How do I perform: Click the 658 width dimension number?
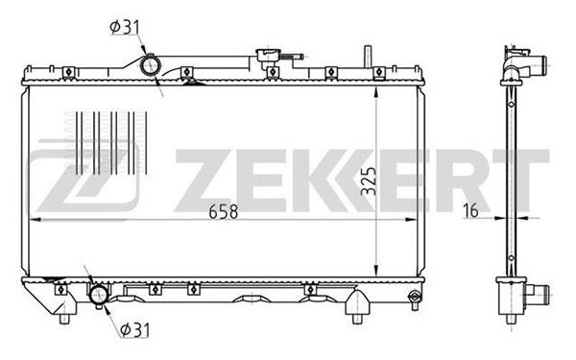click(x=224, y=211)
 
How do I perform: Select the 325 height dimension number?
click(x=369, y=181)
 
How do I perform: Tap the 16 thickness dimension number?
click(x=470, y=210)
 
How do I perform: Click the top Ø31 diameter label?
click(x=125, y=27)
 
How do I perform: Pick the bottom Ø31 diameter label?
click(x=134, y=330)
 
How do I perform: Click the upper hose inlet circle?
click(x=151, y=66)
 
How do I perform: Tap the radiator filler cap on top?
click(x=269, y=55)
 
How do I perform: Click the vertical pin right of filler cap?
click(x=368, y=57)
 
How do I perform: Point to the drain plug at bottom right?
click(x=415, y=298)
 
